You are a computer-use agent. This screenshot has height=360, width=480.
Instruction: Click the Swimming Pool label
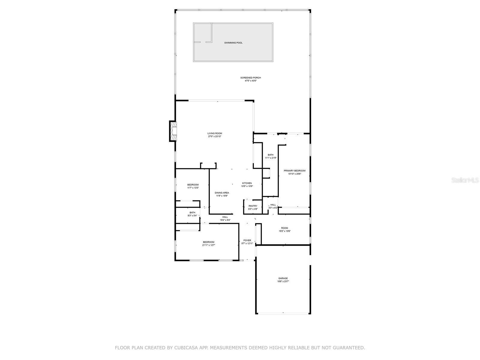coord(233,43)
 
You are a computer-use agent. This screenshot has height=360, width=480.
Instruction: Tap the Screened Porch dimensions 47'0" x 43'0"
coord(250,81)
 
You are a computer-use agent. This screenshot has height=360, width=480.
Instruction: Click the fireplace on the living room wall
coord(173,131)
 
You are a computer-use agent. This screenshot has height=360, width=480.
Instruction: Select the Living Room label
coord(215,133)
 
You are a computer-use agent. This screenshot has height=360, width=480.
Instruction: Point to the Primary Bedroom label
coord(295,171)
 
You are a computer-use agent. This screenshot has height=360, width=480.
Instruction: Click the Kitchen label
coord(247,183)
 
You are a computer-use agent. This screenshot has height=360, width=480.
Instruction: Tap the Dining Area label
coord(222,193)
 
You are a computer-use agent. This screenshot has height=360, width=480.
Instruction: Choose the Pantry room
coord(253,207)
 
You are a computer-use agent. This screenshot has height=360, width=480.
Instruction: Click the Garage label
coord(283,278)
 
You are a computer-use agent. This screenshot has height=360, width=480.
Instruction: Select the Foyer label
coord(247,240)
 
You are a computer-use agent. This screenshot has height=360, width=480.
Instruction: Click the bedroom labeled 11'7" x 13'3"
coord(193,186)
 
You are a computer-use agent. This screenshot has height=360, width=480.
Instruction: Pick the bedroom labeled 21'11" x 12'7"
coord(208,243)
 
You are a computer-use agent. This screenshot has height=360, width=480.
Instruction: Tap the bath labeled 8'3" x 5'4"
coord(192,214)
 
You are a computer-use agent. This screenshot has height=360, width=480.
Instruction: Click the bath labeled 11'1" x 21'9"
coord(271,156)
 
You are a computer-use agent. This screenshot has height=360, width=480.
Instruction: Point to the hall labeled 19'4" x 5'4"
coord(225,218)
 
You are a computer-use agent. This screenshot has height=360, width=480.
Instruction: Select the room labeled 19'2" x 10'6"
coord(284,229)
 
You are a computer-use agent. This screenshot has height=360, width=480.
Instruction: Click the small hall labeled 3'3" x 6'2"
coord(273,206)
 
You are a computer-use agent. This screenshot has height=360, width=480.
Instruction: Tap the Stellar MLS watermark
coord(465,180)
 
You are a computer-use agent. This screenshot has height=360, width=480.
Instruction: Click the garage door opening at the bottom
coord(283,313)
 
